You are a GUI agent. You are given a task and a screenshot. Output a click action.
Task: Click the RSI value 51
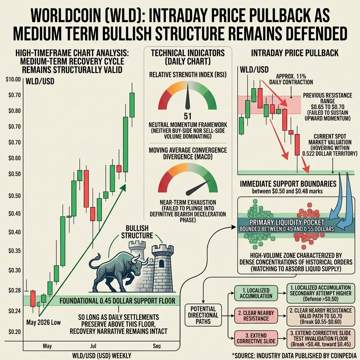point(188,116)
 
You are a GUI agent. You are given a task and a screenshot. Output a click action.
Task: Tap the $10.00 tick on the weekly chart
point(13,80)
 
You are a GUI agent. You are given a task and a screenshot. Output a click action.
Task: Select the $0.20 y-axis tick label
point(14,332)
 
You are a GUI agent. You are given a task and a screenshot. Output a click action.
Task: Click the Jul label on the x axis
point(93,346)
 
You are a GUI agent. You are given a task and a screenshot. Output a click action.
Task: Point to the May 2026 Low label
point(43,322)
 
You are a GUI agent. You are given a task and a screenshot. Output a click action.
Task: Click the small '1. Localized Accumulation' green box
point(256,293)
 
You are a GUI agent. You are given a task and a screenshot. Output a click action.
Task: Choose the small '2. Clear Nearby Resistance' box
point(256,316)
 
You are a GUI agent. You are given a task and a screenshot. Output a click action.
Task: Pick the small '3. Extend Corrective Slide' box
point(256,339)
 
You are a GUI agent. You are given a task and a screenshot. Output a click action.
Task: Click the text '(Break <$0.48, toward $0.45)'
point(321,344)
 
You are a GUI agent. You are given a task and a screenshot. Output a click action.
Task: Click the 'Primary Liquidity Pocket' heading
point(287,222)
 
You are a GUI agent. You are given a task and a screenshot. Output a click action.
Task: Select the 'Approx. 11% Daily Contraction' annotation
point(291,79)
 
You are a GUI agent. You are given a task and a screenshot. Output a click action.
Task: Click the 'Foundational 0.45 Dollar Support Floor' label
point(117,301)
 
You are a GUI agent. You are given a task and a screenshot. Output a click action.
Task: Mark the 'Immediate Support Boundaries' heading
point(288,184)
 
